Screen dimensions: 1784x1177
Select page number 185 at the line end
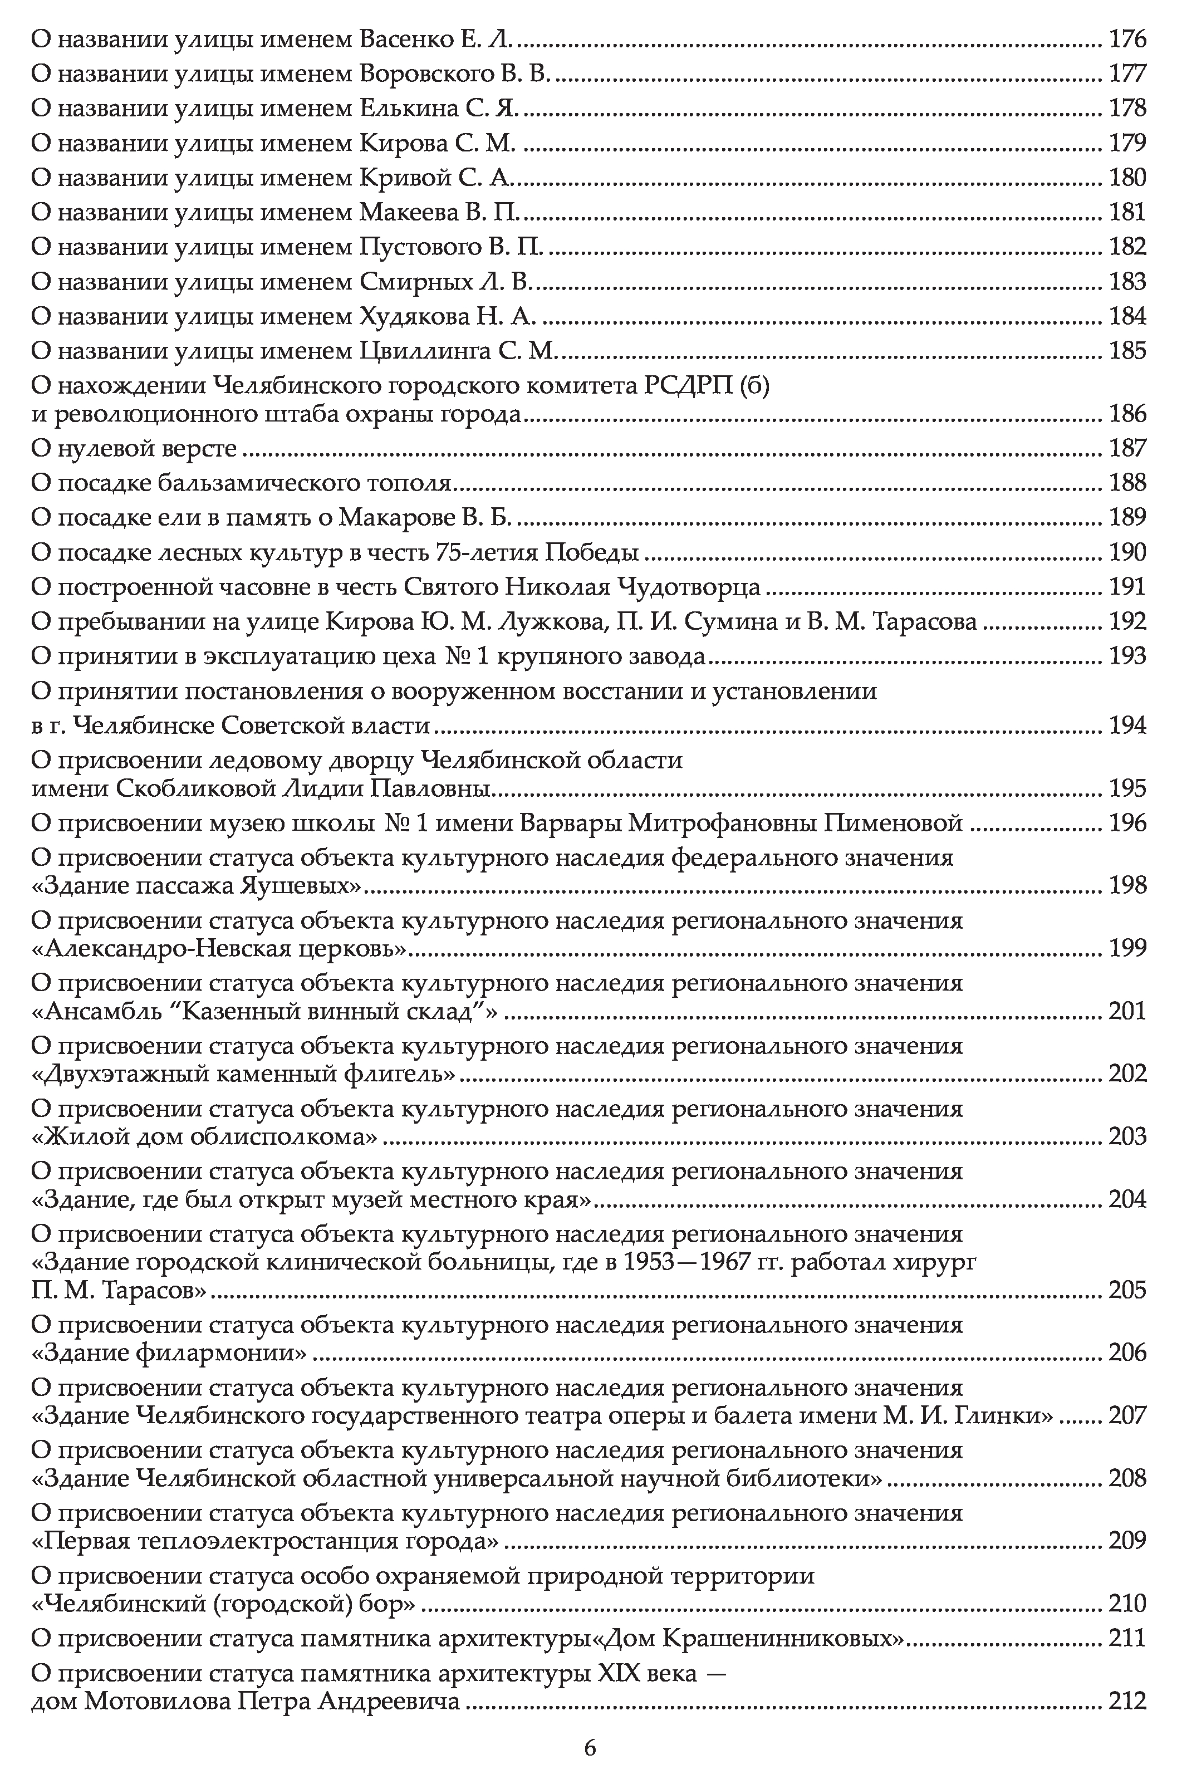1127,350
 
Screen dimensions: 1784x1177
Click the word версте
198,449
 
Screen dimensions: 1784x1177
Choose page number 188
1127,483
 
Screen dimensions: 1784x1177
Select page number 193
1127,656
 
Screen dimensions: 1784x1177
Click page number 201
1127,1012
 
